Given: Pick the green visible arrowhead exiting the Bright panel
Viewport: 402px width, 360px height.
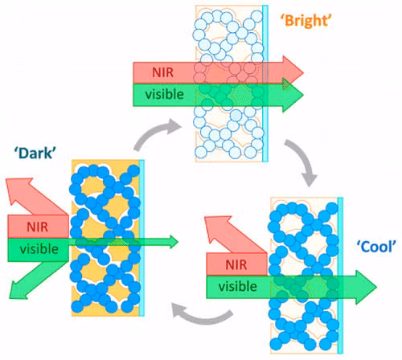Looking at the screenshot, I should click(x=297, y=96).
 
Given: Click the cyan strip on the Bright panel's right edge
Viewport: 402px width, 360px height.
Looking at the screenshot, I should click(x=271, y=80).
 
